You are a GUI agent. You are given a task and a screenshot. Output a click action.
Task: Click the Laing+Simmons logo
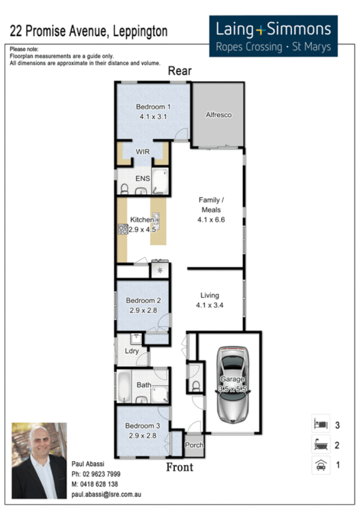coord(273,36)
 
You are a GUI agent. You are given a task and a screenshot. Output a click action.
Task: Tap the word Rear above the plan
coord(179,71)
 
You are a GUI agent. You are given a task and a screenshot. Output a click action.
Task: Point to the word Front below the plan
coord(180,466)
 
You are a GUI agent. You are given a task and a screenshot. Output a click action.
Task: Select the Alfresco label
coord(219,115)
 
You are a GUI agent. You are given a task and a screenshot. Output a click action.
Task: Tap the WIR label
coord(142,152)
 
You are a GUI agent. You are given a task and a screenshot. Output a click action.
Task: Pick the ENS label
coord(142,179)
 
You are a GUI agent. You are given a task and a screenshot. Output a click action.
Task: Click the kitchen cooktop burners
coord(123,229)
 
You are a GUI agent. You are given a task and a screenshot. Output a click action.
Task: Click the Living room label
coord(210,295)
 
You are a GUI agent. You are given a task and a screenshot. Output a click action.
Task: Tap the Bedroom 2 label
coord(143,301)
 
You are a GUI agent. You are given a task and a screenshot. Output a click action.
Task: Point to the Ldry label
coord(132,351)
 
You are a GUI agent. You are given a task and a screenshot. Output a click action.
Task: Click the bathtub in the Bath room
coord(123,388)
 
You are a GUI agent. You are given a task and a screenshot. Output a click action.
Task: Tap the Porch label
coord(194,446)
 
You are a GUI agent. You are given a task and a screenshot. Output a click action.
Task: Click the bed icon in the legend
coord(319,425)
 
